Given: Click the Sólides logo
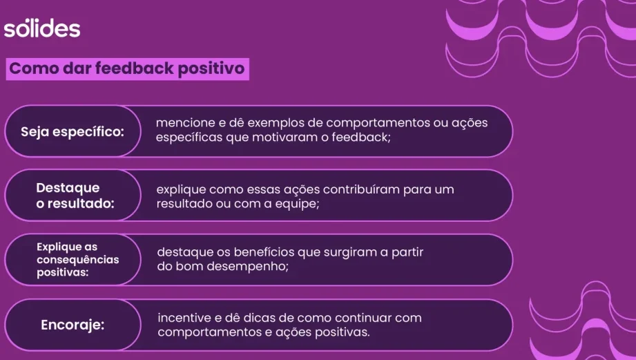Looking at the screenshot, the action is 42,28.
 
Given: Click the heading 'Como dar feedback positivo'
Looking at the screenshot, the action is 127,68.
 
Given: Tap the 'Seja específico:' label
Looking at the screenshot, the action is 73,132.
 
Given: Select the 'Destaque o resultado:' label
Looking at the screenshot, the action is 75,196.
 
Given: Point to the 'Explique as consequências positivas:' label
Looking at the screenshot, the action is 78,259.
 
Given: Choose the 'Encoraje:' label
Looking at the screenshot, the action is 73,325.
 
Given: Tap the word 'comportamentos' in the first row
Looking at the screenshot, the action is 378,123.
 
